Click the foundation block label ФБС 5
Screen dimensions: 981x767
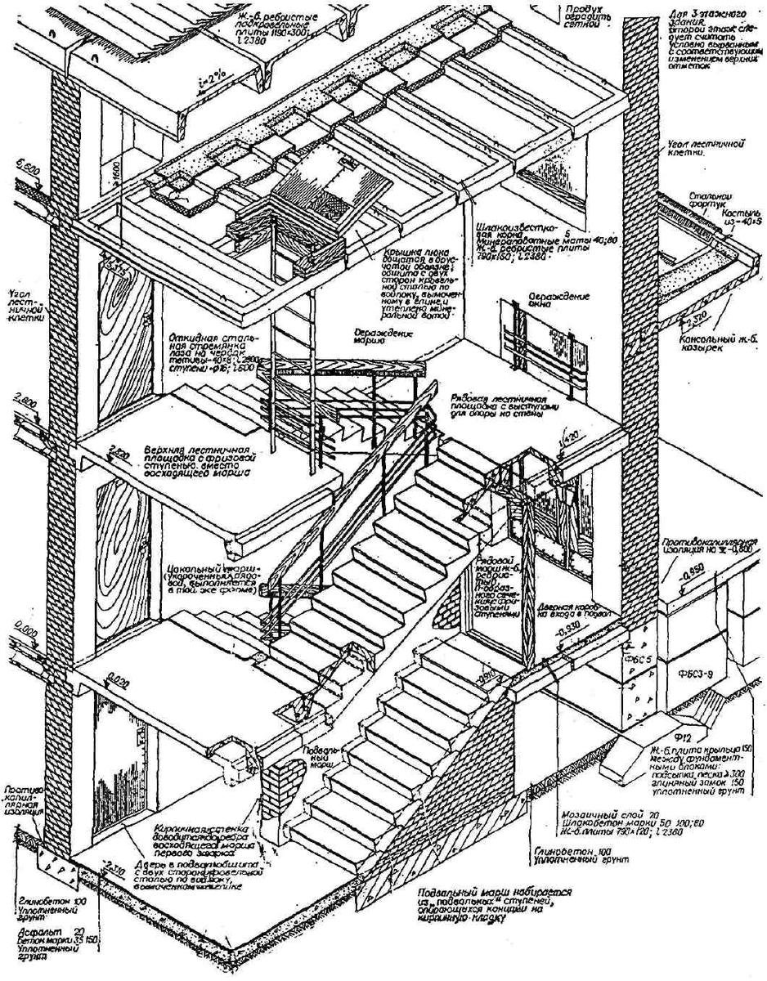tap(648, 657)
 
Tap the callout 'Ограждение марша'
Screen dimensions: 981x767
tap(382, 337)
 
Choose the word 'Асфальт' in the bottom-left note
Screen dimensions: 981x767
tap(28, 932)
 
